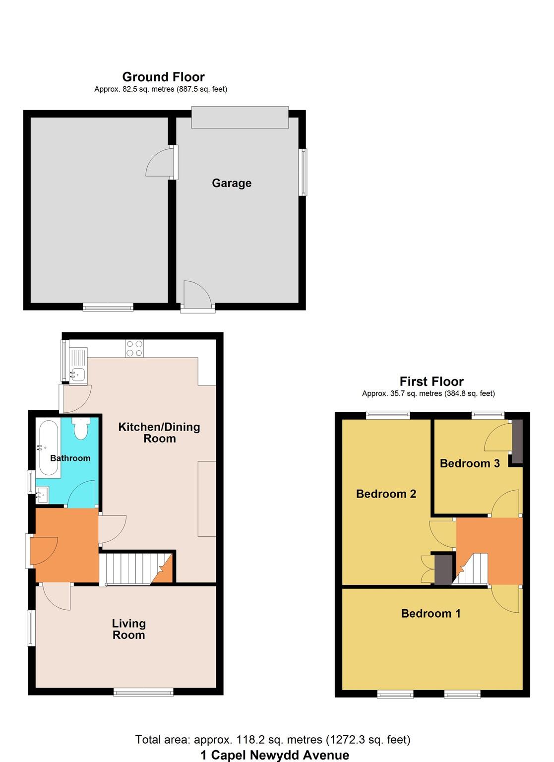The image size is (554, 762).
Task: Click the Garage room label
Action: [232, 183]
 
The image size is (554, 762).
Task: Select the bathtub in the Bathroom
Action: [48, 449]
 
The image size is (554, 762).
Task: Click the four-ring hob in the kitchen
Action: [134, 348]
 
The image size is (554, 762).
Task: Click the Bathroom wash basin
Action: [42, 494]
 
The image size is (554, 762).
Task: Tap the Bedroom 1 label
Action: [431, 614]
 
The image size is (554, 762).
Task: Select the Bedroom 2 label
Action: [386, 494]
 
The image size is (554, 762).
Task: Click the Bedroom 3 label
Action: [469, 463]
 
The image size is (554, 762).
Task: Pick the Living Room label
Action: [128, 629]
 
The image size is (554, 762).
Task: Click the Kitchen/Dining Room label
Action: [159, 433]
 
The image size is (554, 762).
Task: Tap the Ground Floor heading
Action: [163, 77]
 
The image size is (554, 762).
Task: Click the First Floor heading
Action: [431, 381]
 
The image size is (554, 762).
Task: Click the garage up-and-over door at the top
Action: [240, 118]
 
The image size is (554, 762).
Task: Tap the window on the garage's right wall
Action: [302, 172]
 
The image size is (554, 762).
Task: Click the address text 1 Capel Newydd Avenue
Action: [275, 755]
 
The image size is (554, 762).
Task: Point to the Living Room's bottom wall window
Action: [143, 692]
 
